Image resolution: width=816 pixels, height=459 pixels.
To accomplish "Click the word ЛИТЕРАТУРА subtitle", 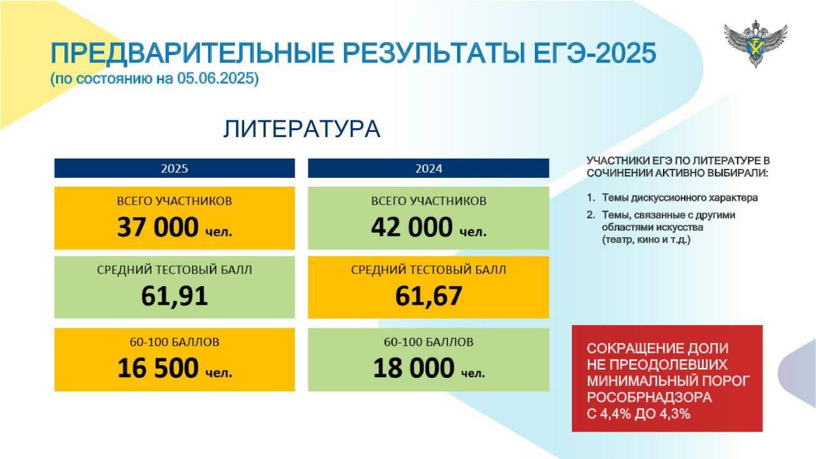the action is point(302,129).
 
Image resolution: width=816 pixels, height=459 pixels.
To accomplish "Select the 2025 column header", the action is point(175,168).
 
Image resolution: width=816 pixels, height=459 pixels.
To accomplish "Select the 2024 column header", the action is point(428,168).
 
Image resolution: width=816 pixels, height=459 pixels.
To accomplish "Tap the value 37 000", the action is point(157,227).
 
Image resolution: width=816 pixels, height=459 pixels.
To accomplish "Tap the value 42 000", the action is point(412,227).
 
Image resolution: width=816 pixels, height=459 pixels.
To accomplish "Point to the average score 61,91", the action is point(175,296).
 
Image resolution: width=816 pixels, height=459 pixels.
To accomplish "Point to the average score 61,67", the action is point(429,296).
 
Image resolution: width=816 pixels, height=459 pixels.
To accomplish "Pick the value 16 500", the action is point(158,368).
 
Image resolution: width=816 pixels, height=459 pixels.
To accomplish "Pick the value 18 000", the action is point(414,368).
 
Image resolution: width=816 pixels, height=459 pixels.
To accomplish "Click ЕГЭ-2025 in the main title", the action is point(595,53).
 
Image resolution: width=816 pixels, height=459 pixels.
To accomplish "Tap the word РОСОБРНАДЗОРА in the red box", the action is point(649,397).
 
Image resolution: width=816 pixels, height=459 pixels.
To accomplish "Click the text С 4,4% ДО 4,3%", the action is point(639,414).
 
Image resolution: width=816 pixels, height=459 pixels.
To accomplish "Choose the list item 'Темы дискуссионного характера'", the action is point(680,198).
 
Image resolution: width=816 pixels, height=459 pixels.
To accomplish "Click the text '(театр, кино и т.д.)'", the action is point(646,240).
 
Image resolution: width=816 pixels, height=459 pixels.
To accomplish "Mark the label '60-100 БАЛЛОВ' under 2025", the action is point(175,342).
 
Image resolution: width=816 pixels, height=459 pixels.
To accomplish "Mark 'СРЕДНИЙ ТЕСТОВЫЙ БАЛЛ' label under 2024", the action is point(429,270).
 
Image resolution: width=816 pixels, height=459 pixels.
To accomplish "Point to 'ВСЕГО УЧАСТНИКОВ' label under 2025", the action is point(175,201).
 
